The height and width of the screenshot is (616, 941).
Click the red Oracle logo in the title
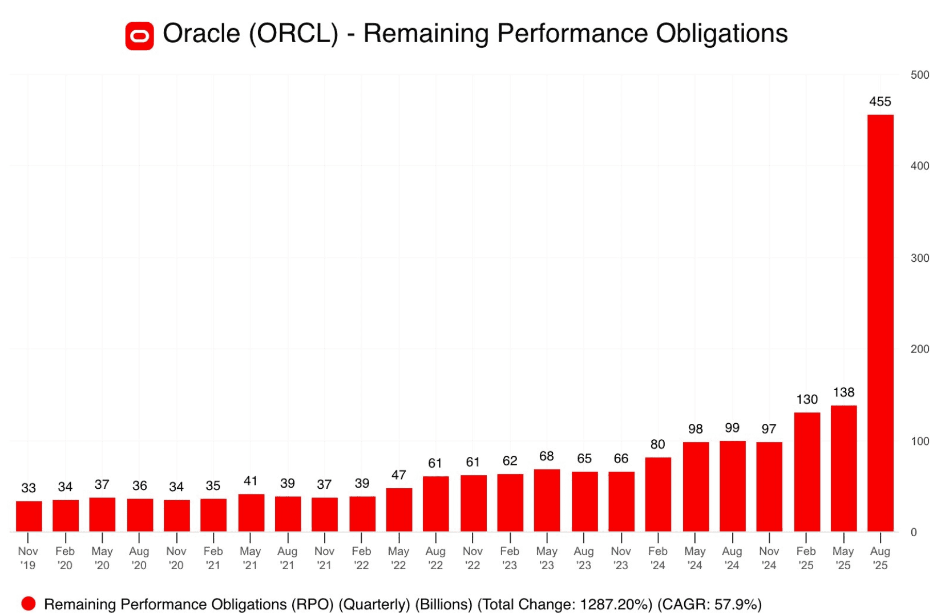click(139, 36)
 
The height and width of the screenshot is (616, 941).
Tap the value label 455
click(879, 102)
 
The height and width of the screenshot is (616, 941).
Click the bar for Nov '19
click(29, 516)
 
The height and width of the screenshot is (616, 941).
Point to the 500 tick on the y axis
click(919, 75)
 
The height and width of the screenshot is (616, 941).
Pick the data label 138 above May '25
click(843, 392)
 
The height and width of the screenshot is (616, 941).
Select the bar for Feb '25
click(806, 472)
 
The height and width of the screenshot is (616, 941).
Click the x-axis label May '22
click(398, 558)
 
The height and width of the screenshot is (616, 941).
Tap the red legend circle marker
click(29, 603)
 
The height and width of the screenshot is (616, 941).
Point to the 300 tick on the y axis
click(919, 258)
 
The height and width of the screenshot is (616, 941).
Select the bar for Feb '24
click(658, 495)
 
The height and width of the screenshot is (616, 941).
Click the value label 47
click(398, 475)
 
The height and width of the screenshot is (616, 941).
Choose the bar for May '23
click(547, 500)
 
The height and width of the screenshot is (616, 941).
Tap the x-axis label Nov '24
click(769, 558)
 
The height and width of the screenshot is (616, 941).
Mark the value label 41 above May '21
click(251, 481)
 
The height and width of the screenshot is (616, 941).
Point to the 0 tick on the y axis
click(914, 532)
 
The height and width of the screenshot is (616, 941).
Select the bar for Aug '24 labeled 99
click(732, 486)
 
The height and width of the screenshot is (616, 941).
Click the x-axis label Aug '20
click(139, 558)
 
